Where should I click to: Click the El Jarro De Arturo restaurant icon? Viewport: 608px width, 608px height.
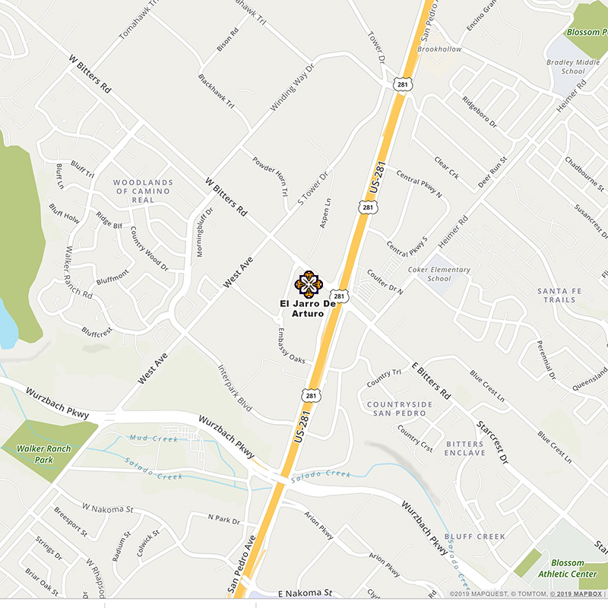point(309,283)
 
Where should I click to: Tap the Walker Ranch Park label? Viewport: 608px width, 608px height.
point(46,453)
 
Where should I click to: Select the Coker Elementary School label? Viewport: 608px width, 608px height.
point(439,274)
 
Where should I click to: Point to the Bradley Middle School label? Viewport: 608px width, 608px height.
point(562,67)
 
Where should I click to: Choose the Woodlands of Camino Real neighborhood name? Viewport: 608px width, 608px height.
point(143,191)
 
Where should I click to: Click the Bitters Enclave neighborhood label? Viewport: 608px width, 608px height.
point(465,448)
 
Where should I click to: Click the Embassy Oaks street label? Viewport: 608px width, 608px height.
point(290,345)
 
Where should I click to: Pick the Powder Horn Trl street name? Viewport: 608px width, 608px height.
point(271,179)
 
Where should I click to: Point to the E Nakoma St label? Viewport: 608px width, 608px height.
point(305,593)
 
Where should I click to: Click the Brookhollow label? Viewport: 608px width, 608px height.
point(440,49)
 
